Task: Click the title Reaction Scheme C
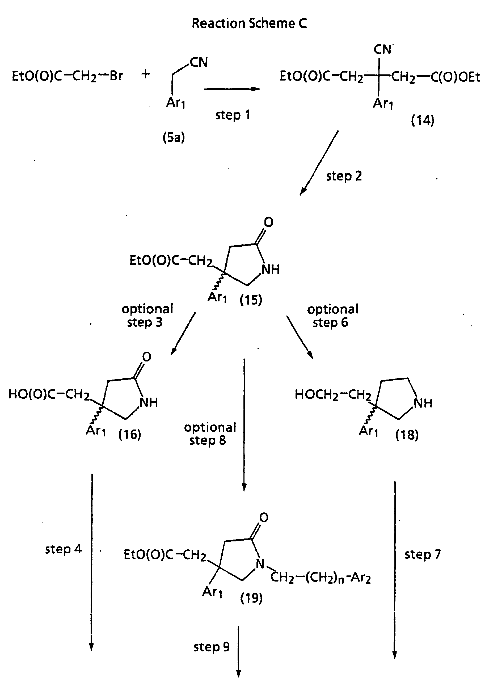point(249,23)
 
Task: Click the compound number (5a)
point(174,137)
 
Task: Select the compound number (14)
point(423,121)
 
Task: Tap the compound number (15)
point(251,300)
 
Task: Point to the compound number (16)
point(130,434)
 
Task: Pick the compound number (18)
point(407,435)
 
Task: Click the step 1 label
point(233,115)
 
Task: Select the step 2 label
point(344,176)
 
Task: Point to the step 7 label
point(423,554)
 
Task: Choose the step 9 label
point(212,646)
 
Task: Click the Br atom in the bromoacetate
point(116,76)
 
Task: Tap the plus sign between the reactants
point(146,74)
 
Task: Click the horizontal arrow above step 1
point(231,89)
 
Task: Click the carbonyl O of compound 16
point(146,357)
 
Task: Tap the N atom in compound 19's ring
point(260,564)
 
